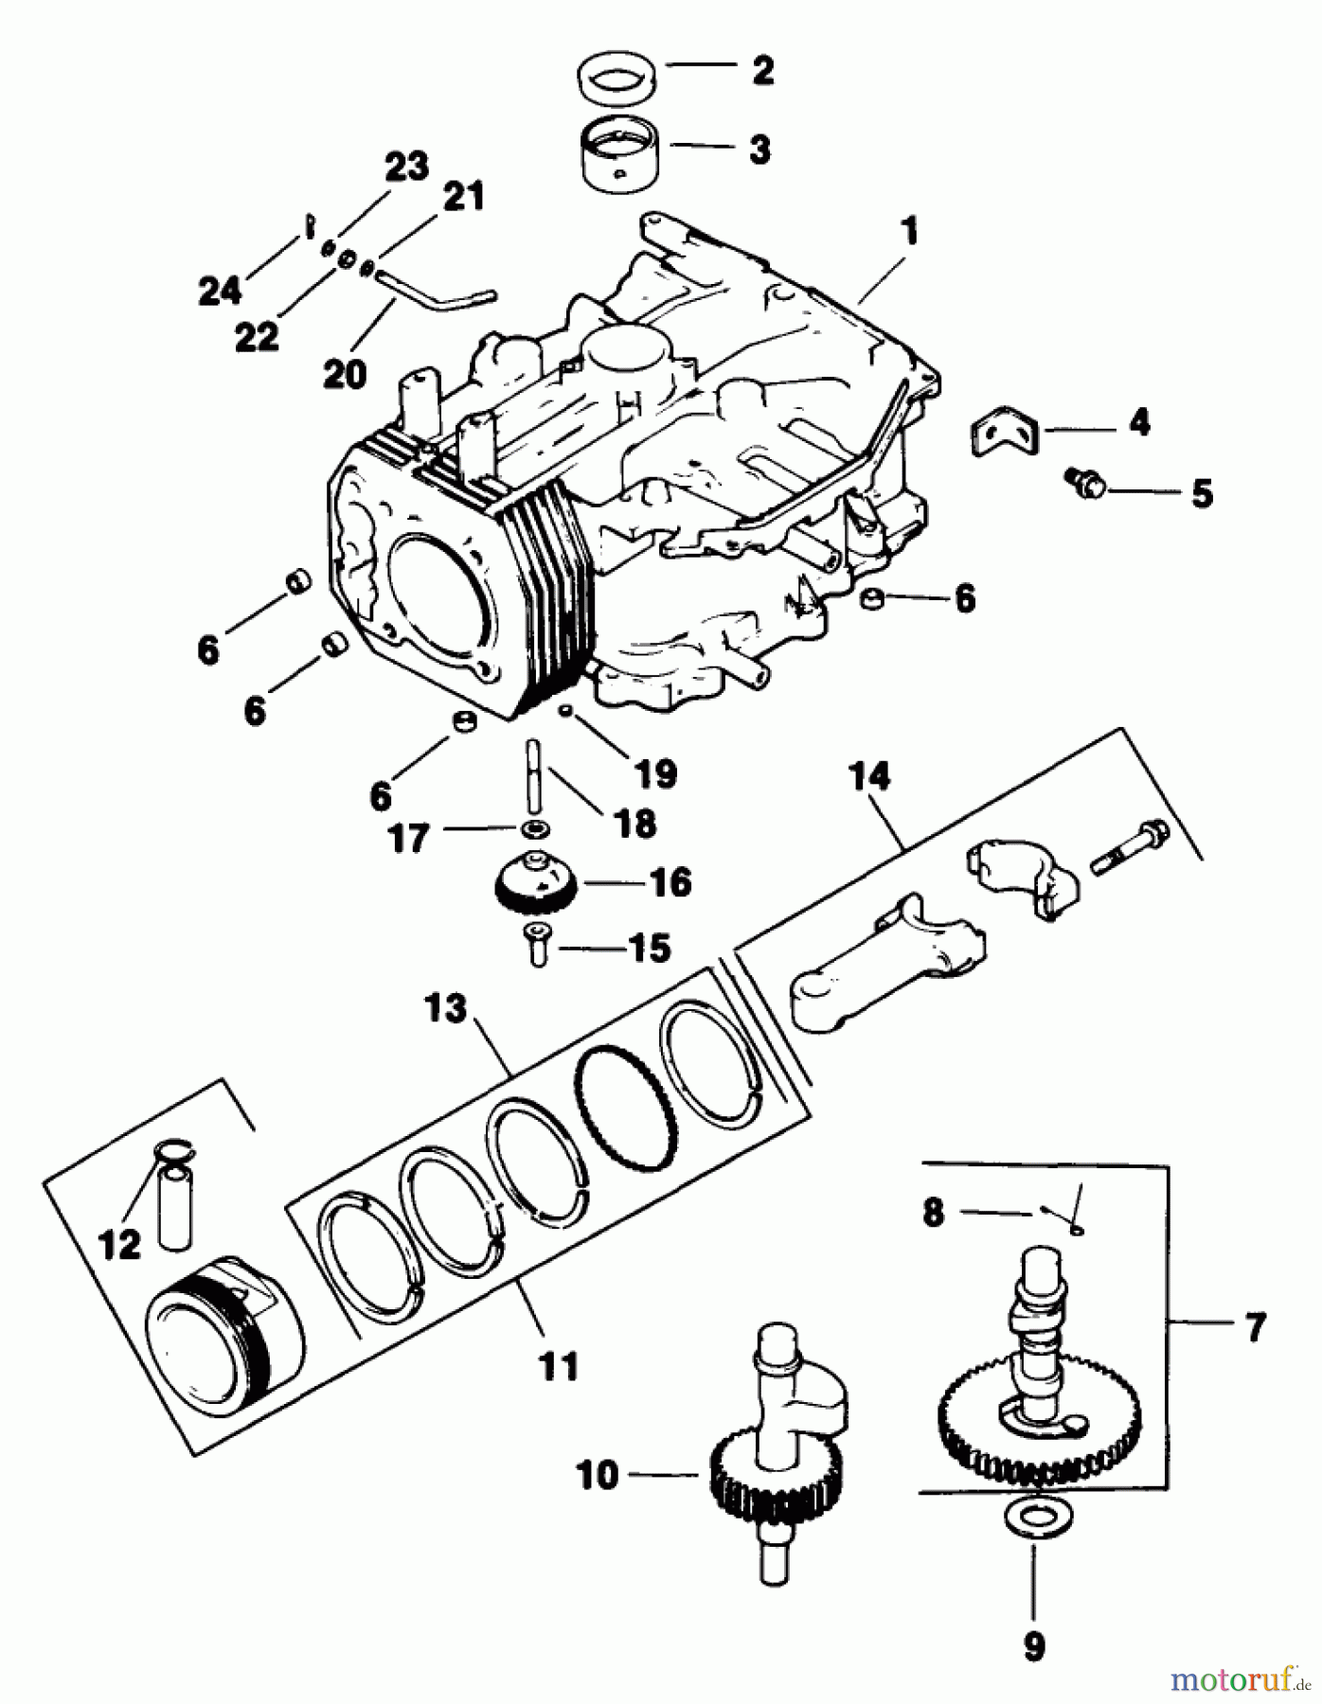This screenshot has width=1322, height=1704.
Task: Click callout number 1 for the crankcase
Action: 909,231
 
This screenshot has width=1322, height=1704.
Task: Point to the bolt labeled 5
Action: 1083,481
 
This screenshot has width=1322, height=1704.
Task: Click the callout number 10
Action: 598,1474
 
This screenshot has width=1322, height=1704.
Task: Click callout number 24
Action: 221,290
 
